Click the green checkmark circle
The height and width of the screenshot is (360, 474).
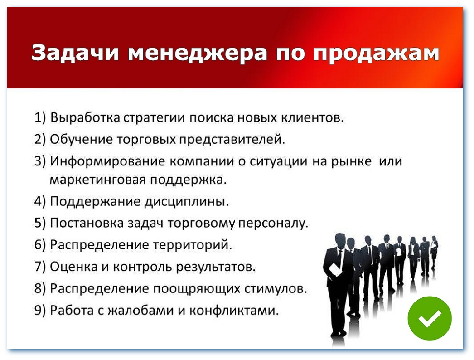coord(429,318)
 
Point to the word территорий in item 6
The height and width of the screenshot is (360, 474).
coord(200,245)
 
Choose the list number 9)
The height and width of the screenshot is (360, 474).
coord(41,311)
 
